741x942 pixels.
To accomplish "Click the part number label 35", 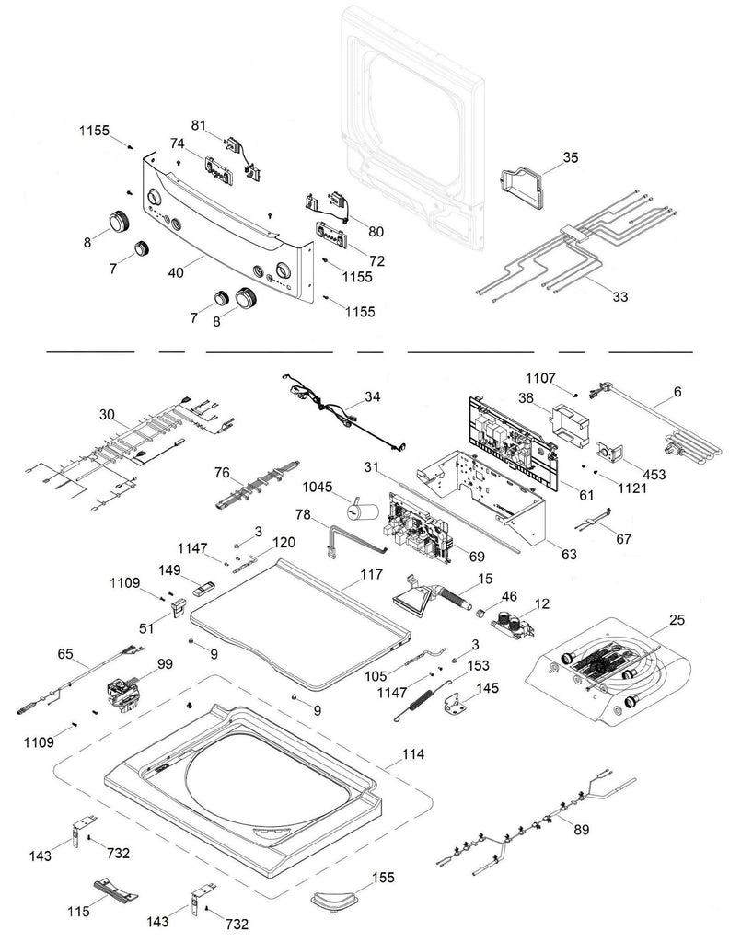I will (x=570, y=157).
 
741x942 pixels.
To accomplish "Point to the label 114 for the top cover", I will (x=413, y=754).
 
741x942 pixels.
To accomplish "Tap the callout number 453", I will (x=654, y=475).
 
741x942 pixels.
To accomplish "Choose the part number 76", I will (x=222, y=473).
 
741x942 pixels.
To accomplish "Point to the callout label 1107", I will (x=540, y=377).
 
